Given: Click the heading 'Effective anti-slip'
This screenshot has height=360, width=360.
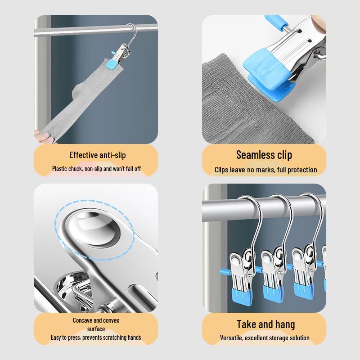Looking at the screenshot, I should (98, 155).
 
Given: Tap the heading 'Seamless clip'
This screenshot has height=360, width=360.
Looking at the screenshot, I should (264, 155).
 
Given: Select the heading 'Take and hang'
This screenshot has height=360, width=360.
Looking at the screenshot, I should (266, 324).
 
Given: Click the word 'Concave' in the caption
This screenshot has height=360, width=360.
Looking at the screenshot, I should (83, 320).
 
